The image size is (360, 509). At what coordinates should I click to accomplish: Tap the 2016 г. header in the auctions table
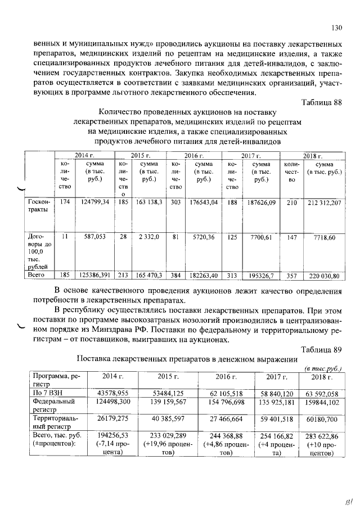[193, 156]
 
